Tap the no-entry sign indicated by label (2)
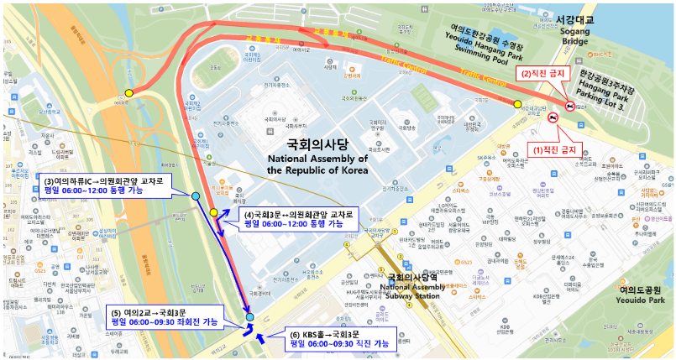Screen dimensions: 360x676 coord(569,107)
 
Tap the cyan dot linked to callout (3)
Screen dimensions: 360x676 coord(196,196)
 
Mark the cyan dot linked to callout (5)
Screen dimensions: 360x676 coord(249,318)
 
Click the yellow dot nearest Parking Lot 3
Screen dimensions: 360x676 coord(517,104)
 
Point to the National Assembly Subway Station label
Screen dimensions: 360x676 coord(410,287)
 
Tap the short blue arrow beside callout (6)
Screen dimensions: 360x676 coord(260,339)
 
